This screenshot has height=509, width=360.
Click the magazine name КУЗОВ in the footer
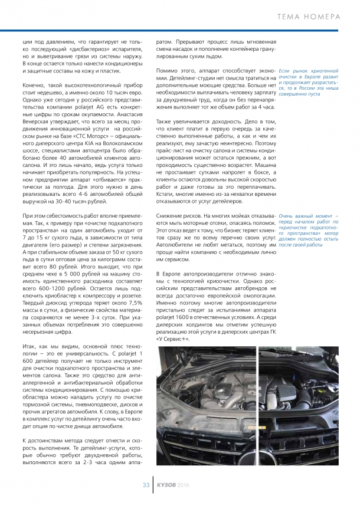click(166, 485)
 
